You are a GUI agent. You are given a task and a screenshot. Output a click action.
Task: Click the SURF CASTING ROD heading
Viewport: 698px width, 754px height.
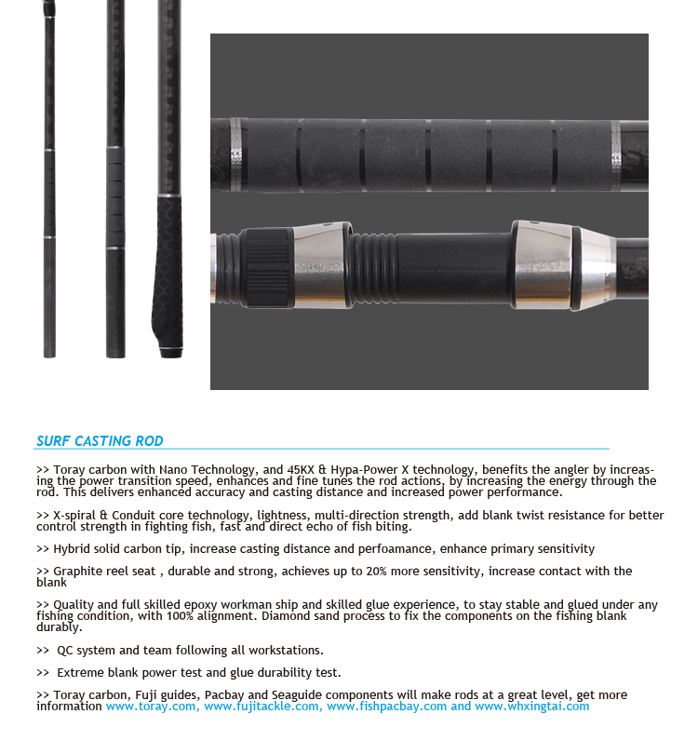click(x=100, y=441)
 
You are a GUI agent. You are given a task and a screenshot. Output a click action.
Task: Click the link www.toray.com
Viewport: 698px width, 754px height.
click(x=151, y=706)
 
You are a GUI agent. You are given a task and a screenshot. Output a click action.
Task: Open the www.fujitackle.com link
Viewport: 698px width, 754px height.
click(x=262, y=706)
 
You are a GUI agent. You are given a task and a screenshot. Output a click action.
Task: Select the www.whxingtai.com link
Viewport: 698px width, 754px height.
click(x=532, y=706)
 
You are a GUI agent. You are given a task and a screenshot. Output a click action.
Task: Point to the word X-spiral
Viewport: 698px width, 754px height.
click(x=74, y=515)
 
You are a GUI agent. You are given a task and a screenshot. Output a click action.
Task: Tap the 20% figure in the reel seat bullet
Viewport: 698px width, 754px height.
click(x=376, y=571)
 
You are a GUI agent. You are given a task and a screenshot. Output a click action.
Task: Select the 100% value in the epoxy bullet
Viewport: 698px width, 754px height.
click(x=180, y=616)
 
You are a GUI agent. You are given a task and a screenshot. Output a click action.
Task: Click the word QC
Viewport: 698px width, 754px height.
click(x=64, y=650)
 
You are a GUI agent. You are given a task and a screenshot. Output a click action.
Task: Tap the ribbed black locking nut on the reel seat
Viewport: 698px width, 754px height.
click(x=269, y=267)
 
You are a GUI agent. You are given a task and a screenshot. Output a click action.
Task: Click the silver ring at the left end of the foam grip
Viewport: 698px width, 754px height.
click(x=236, y=155)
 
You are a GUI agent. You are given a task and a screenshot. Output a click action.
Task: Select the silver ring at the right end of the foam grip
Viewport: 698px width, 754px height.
click(x=616, y=156)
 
